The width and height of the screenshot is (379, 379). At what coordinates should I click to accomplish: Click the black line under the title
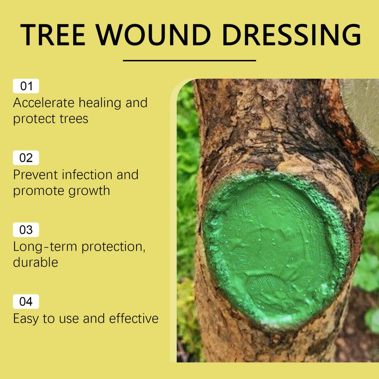pos(189,60)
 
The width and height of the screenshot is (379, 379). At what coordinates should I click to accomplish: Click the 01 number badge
pos(26,86)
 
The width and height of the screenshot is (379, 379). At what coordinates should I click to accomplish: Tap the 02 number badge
pos(26,158)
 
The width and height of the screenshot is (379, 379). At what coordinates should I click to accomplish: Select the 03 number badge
pos(26,230)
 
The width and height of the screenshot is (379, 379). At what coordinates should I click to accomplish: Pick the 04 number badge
pos(26,302)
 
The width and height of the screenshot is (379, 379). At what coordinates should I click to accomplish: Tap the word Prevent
pos(35,174)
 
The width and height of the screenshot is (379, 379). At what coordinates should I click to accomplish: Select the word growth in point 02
pos(91,191)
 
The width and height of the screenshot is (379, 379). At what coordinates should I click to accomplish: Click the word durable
pos(36,262)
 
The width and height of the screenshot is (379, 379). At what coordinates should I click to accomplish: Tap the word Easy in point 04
pos(26,319)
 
